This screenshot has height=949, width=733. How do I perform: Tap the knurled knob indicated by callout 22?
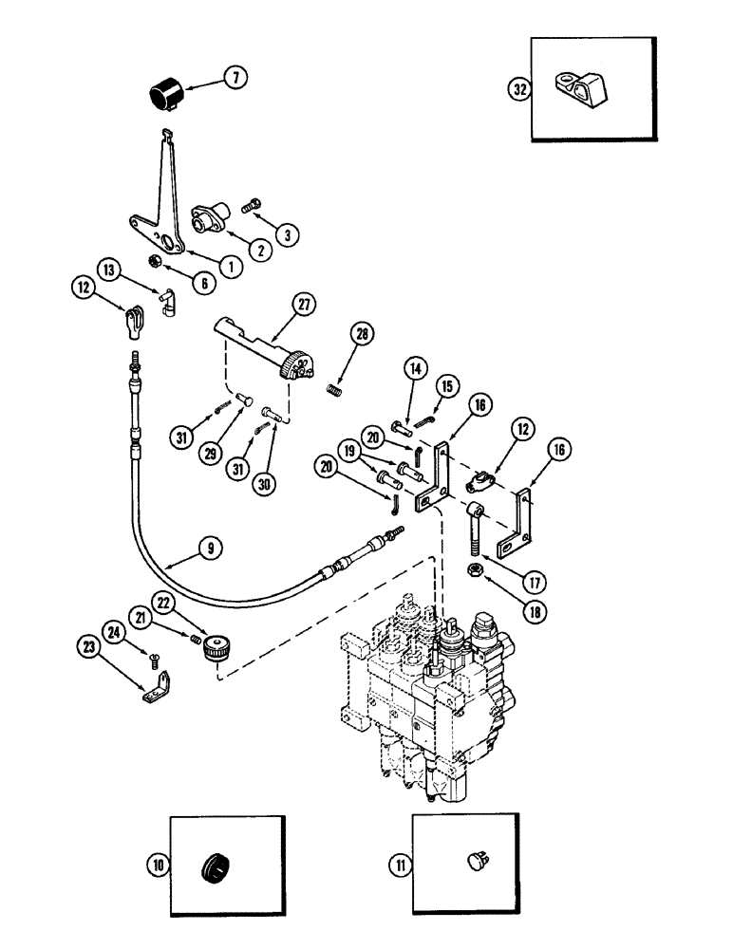217,652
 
